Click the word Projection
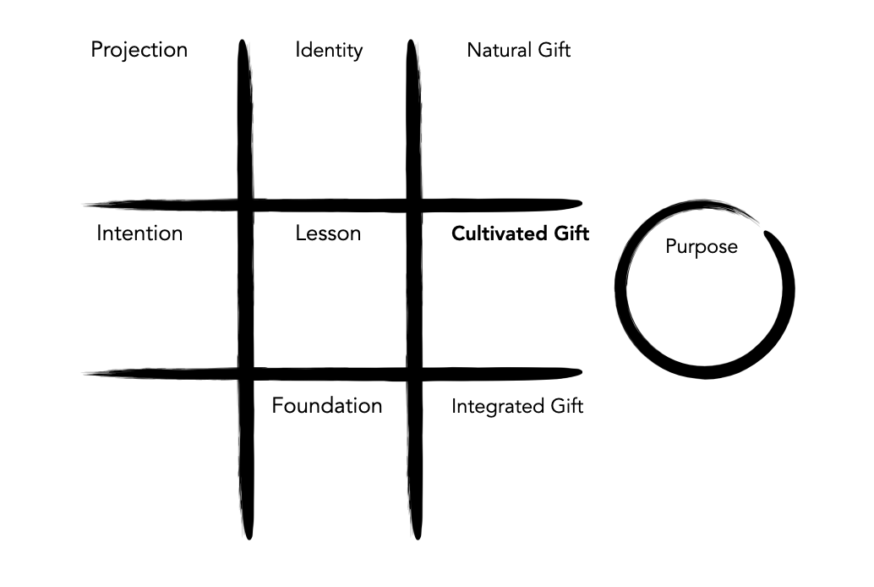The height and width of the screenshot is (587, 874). pos(139,50)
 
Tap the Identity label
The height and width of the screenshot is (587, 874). pos(329,50)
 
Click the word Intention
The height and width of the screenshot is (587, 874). pos(139,233)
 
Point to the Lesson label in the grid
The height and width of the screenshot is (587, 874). pos(328,233)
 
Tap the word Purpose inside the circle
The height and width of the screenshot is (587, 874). pos(701,247)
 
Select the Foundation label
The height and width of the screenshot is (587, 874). pos(326,406)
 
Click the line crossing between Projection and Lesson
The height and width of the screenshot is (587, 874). pos(245,204)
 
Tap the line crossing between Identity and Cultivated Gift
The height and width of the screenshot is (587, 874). pos(412,204)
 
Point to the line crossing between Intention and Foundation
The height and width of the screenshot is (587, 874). pos(245,372)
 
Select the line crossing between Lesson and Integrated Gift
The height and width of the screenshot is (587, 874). pos(412,372)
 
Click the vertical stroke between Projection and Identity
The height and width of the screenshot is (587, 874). pos(244,118)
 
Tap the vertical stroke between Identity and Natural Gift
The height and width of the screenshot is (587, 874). pos(412,118)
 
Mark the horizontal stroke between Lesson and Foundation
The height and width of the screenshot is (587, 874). pos(328,372)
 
